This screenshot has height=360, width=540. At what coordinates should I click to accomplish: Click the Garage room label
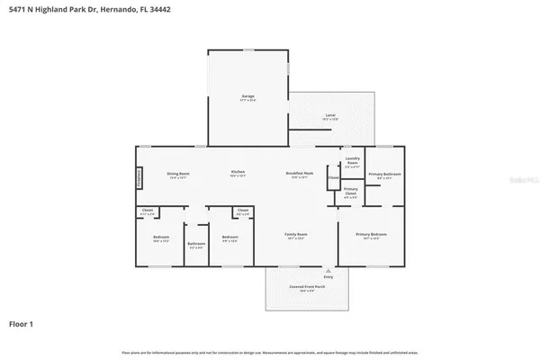click(247, 97)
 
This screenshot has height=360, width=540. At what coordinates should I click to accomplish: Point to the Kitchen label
click(238, 173)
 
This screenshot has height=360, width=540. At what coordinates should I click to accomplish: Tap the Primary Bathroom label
click(384, 175)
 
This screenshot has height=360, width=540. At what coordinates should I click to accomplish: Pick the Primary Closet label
click(351, 191)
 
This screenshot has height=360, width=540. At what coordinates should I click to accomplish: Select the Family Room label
click(296, 236)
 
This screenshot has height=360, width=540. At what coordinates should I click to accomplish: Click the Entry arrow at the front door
click(328, 271)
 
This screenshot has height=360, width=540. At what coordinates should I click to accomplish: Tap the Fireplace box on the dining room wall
click(139, 178)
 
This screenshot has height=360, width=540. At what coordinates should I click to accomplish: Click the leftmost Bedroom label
click(161, 238)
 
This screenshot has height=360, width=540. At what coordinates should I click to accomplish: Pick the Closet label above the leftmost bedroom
click(148, 211)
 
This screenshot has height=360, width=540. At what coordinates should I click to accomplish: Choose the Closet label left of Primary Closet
click(332, 177)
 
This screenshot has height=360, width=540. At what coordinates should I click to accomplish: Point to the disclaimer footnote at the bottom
click(269, 351)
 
